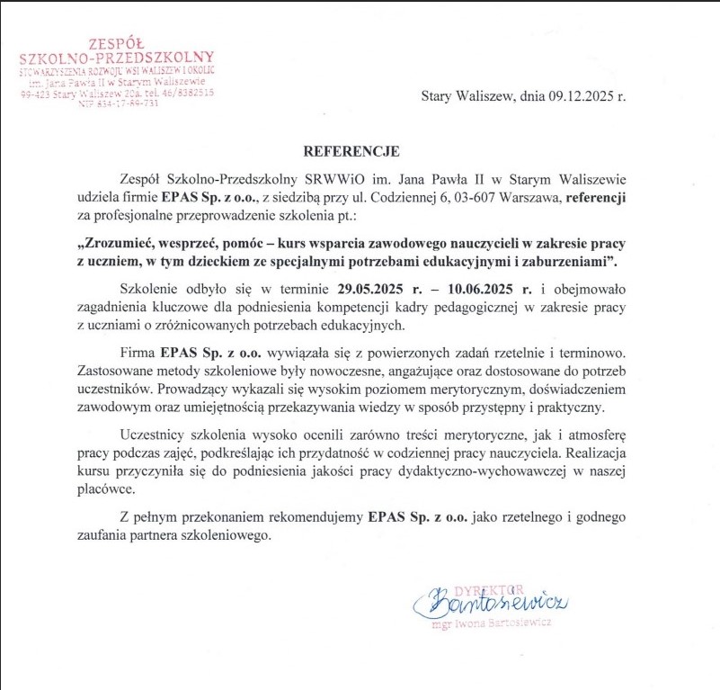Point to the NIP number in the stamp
118,103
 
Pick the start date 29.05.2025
374,290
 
